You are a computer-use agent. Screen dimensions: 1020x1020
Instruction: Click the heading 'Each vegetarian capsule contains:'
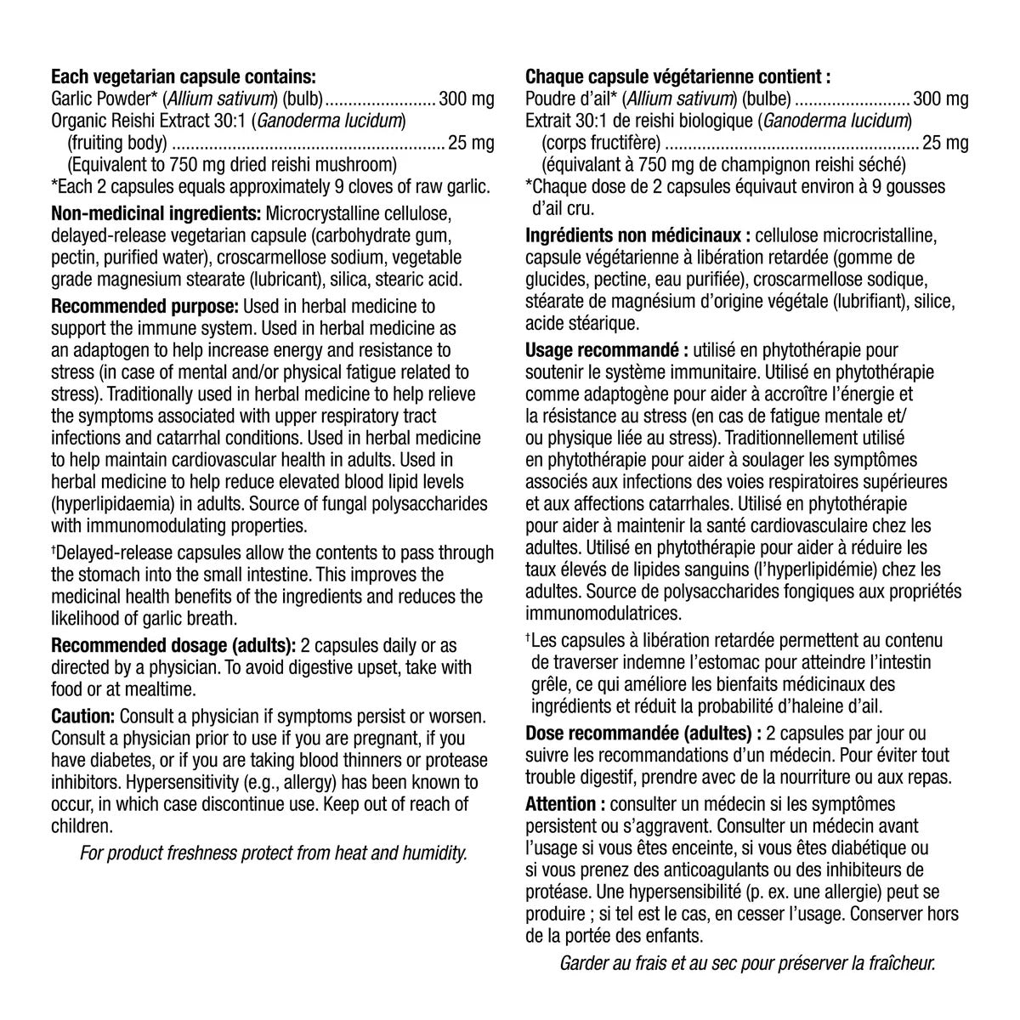[x=184, y=76]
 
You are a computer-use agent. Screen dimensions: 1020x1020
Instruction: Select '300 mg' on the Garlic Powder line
[x=466, y=99]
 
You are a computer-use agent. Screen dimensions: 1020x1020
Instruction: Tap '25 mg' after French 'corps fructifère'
[x=945, y=143]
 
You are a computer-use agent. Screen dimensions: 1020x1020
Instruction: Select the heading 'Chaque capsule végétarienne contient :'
[x=677, y=76]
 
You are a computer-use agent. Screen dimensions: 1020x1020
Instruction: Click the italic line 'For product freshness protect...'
[x=273, y=853]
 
